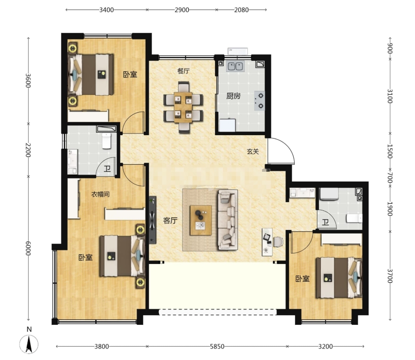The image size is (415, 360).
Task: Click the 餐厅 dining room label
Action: click(183, 71)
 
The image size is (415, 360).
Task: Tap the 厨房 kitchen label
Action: click(233, 96)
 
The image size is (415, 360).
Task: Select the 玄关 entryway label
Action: click(253, 152)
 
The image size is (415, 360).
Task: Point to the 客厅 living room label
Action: click(170, 220)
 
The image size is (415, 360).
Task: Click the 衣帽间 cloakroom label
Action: click(100, 194)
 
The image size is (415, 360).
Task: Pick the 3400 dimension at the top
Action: click(106, 10)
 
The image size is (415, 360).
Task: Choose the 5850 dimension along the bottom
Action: click(217, 346)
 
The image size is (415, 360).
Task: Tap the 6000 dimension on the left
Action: click(28, 248)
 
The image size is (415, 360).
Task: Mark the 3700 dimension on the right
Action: click(390, 276)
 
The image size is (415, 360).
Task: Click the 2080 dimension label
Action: click(241, 10)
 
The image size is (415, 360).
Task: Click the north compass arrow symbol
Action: click(29, 344)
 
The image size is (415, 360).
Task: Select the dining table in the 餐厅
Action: click(183, 107)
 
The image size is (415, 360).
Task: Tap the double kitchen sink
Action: click(235, 66)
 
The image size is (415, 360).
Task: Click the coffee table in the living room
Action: click(201, 220)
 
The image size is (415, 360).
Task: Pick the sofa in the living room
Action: click(228, 220)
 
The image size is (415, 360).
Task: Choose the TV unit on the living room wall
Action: click(153, 220)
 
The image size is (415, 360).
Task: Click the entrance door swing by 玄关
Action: click(281, 151)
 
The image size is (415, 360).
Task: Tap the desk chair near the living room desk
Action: click(278, 242)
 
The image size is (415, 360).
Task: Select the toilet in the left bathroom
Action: click(106, 141)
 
